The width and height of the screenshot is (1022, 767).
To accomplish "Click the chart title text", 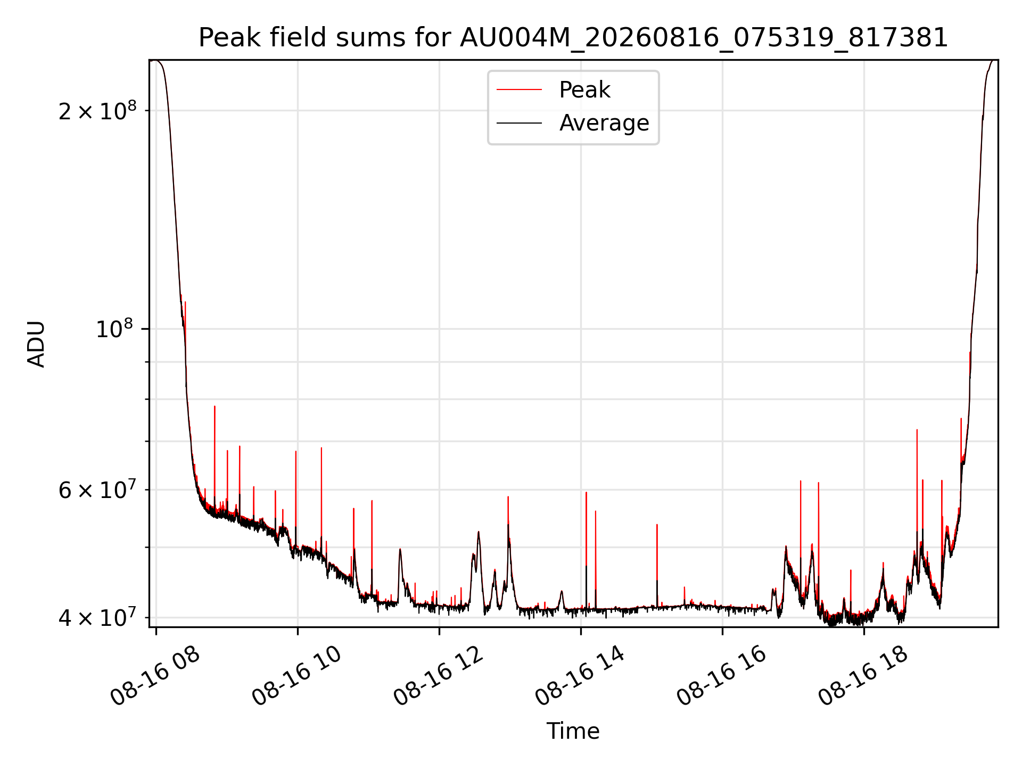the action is point(573,38).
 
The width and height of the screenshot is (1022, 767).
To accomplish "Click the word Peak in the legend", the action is point(584,90).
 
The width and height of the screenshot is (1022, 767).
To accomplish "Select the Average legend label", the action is point(604,123).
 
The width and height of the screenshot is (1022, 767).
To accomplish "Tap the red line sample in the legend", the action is point(519,90).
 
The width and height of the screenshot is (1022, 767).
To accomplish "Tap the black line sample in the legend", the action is point(519,123).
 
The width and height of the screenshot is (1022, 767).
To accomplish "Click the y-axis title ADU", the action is point(36,344).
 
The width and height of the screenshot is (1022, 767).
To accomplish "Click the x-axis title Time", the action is point(573,731).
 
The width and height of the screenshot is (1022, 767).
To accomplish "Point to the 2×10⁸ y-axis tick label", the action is point(97,110).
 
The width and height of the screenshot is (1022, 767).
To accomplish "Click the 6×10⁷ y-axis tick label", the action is point(97,489).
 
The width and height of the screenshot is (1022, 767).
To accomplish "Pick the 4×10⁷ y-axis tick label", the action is point(97,617).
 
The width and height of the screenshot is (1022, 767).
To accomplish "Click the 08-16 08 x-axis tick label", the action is point(155,676).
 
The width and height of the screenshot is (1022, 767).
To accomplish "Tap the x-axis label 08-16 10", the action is point(296,676).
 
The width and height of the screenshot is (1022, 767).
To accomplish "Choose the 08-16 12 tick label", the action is point(438,676).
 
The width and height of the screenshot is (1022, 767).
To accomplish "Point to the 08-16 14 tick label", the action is point(580,676).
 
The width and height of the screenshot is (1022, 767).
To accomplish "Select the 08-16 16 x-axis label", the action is point(721,676).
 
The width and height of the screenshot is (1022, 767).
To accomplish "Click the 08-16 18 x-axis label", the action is point(863,676).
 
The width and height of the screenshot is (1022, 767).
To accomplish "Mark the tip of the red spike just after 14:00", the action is point(586,492).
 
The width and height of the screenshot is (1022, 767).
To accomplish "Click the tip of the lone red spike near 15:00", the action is point(657,525).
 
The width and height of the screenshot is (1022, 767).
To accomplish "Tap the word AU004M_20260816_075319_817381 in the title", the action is point(704,38).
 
